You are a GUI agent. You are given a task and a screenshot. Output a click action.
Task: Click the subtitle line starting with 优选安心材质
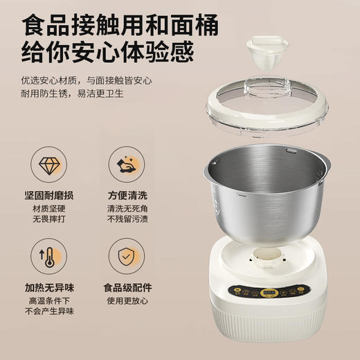(90, 81)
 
